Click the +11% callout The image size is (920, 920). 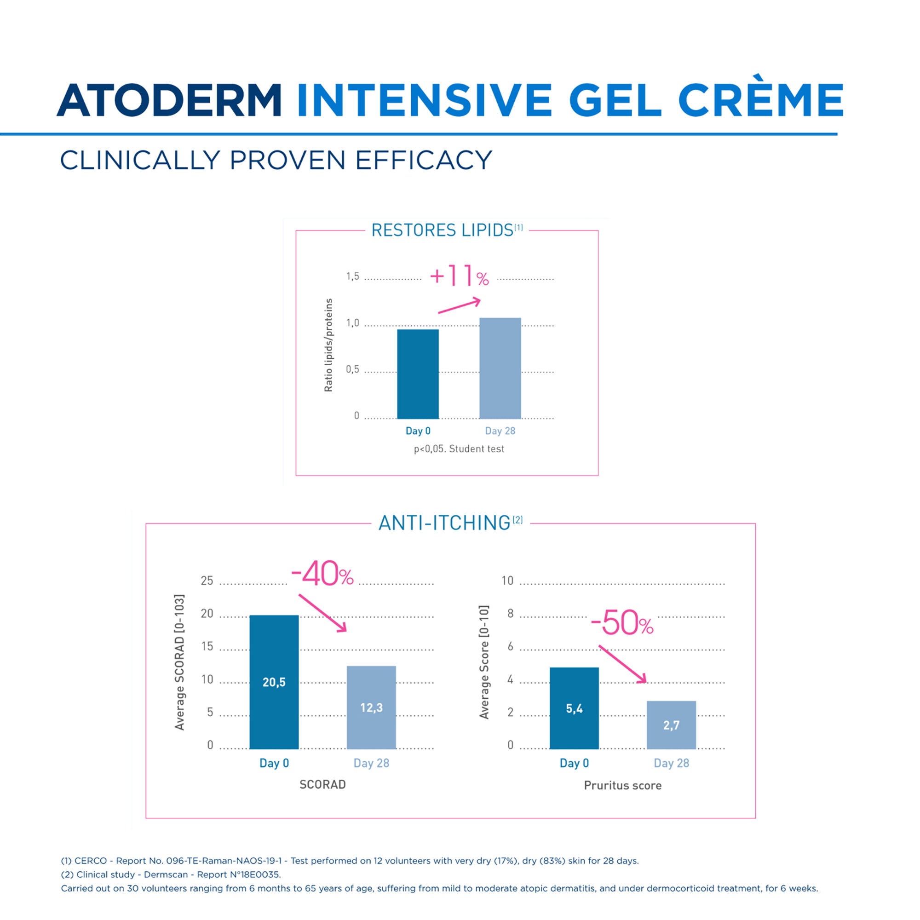[x=459, y=276]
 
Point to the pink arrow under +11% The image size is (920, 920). [x=460, y=306]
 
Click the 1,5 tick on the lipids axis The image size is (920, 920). [x=352, y=276]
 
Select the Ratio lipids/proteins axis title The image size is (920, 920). [x=328, y=345]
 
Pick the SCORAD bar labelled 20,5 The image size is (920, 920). [x=274, y=682]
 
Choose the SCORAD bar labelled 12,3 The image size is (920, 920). [x=371, y=707]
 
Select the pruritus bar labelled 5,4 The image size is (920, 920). [x=574, y=708]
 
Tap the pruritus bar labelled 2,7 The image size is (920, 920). [x=671, y=725]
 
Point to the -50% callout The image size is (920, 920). [x=622, y=623]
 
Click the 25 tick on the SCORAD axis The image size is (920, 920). [x=207, y=581]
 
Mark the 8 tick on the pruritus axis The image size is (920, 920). [x=510, y=613]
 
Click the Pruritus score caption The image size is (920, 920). [x=622, y=786]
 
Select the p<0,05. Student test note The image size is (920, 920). [x=459, y=448]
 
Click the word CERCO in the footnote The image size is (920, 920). [x=91, y=861]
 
